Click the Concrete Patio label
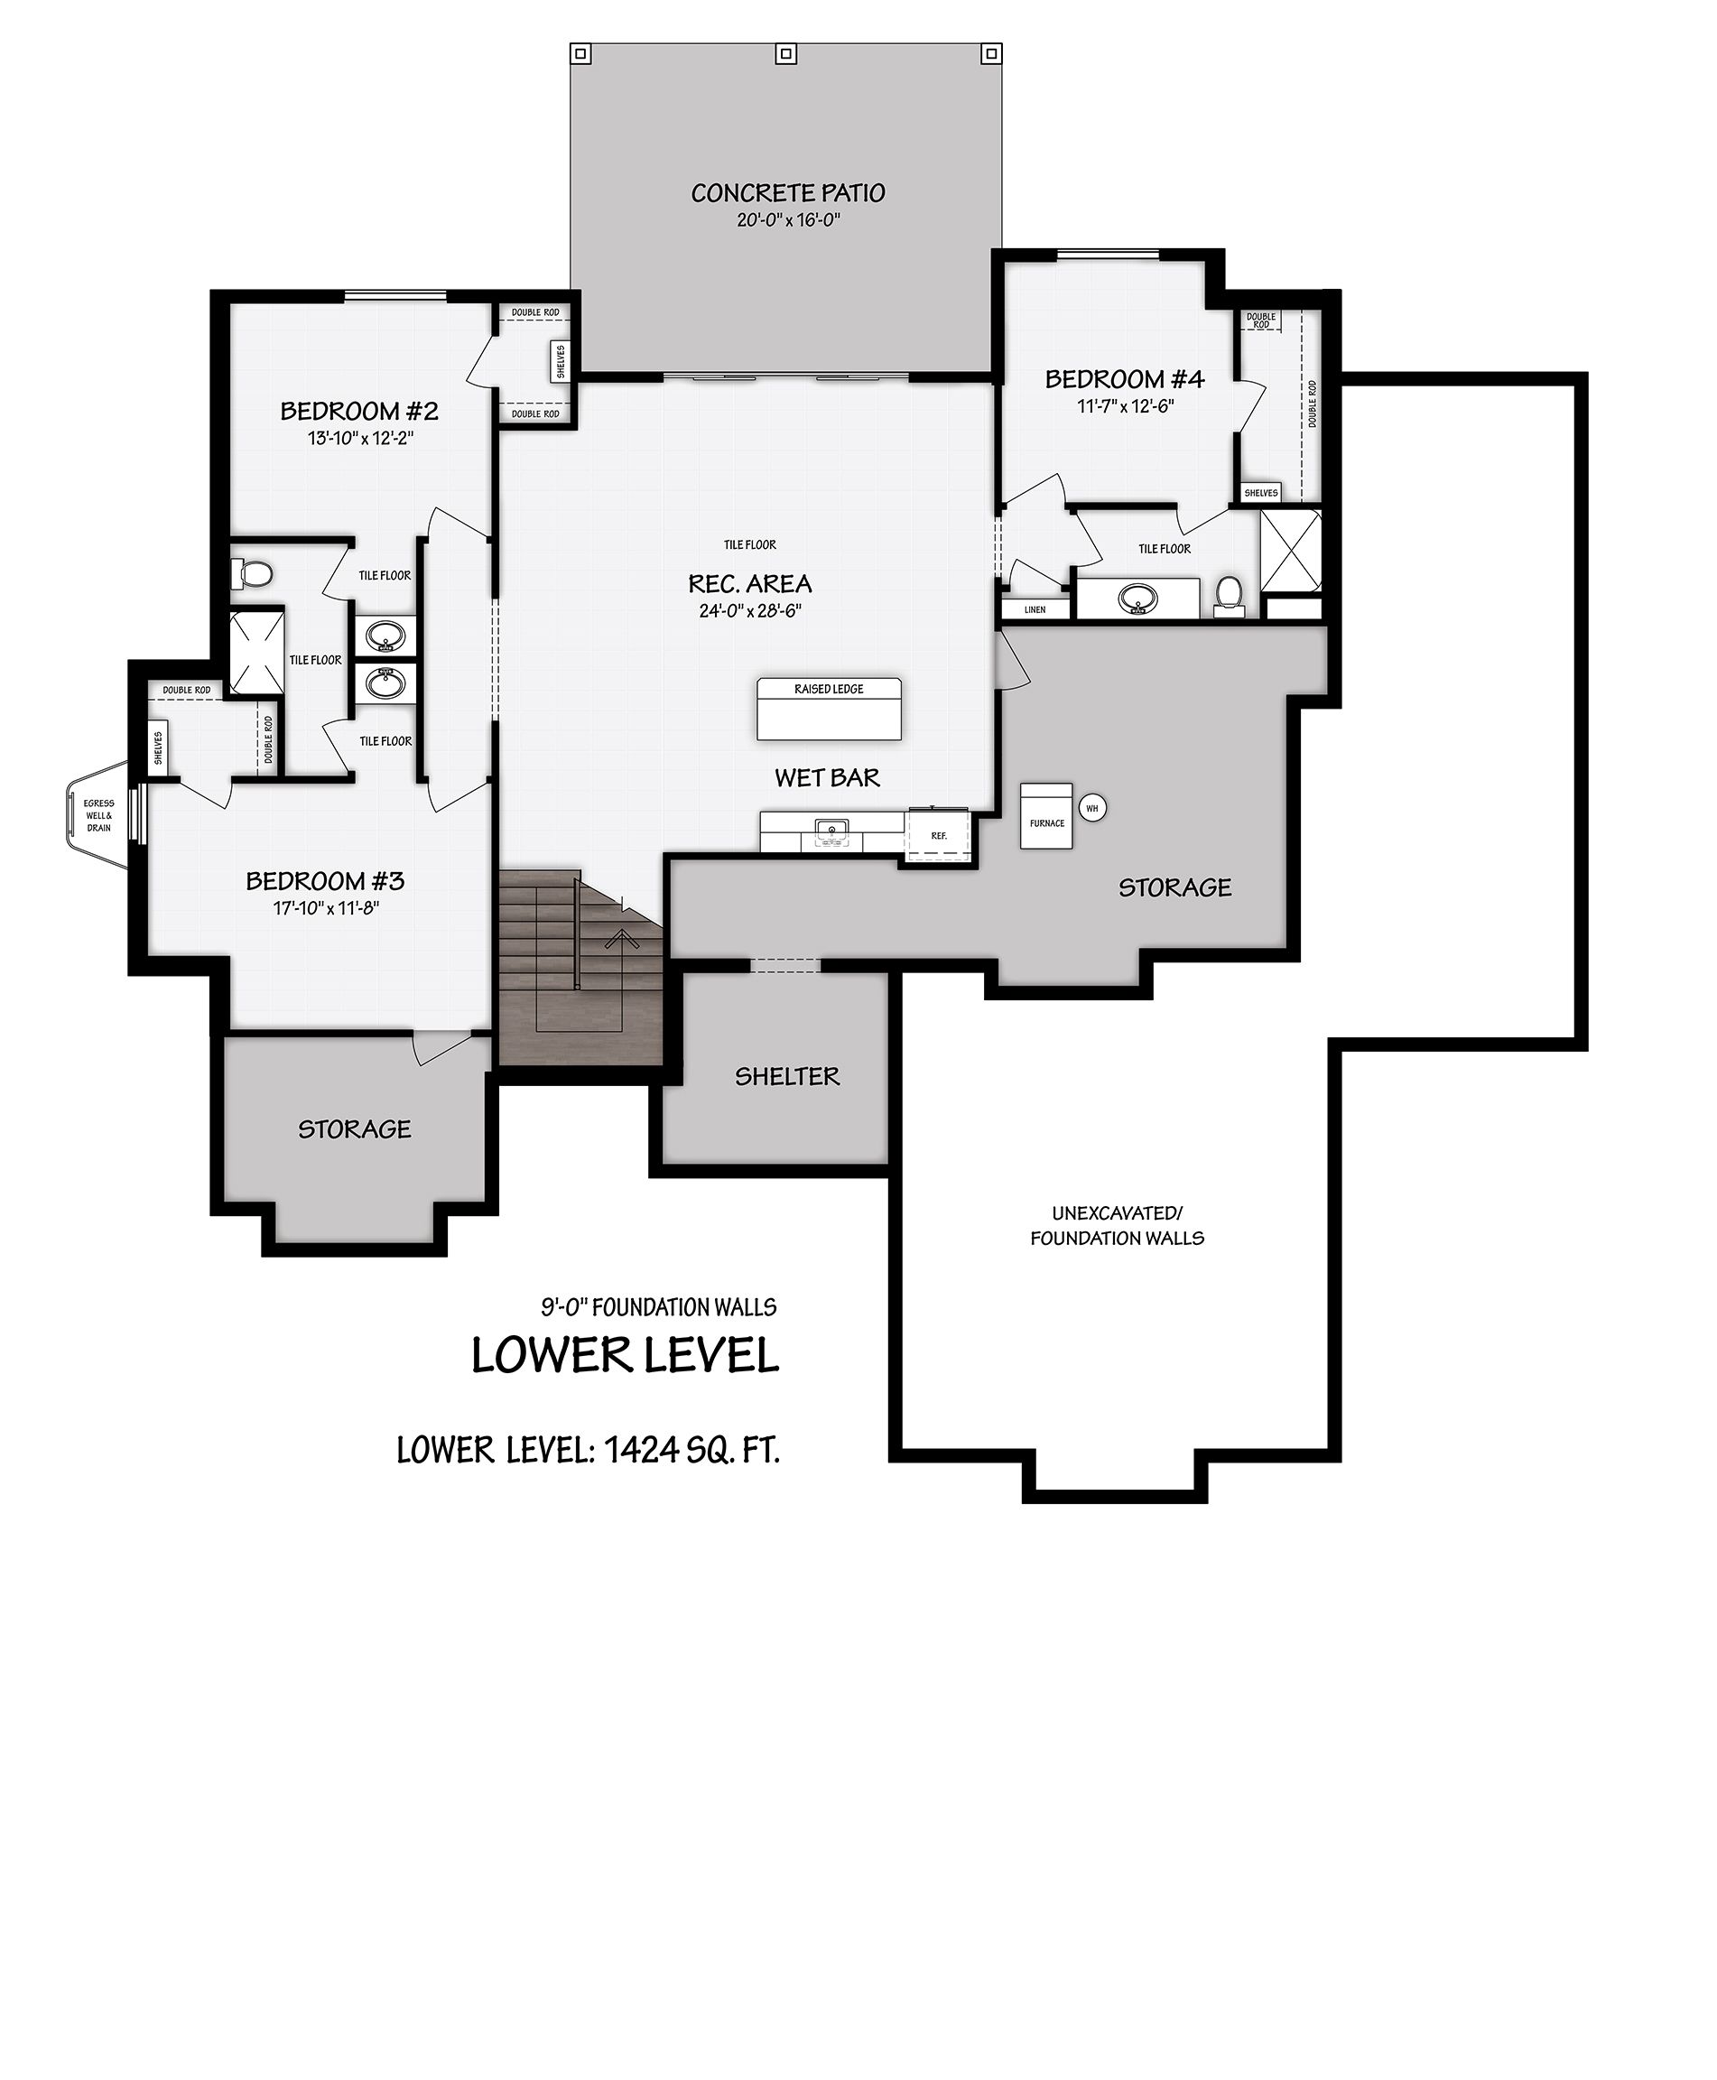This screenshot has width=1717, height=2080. click(787, 193)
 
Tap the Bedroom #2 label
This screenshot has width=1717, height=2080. click(359, 411)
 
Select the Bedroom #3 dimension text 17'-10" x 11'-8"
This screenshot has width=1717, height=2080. click(327, 908)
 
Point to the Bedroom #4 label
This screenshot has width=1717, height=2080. click(1125, 379)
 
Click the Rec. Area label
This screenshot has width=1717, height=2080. click(749, 583)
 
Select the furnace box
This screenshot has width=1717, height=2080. click(1046, 816)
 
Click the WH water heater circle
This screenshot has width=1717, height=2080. click(1092, 808)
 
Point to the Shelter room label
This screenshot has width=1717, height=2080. click(787, 1076)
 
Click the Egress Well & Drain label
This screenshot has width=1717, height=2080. click(99, 815)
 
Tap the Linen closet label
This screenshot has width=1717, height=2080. click(1035, 609)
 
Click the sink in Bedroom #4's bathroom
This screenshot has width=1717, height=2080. click(1138, 598)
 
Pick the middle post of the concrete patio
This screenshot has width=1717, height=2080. click(786, 53)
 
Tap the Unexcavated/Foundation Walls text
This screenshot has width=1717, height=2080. click(1117, 1225)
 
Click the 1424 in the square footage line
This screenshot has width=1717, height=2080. click(641, 1450)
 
